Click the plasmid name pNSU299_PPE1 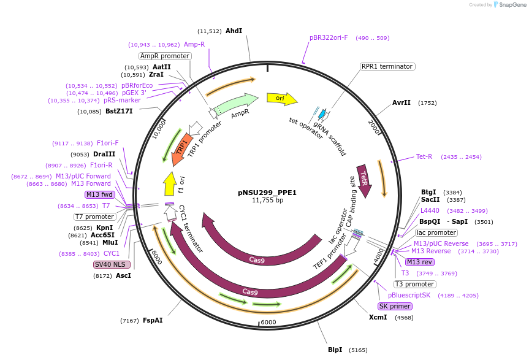pyautogui.click(x=267, y=192)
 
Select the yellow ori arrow pyautogui.click(x=281, y=98)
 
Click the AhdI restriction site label pyautogui.click(x=234, y=31)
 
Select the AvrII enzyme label pyautogui.click(x=402, y=103)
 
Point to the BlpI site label pyautogui.click(x=335, y=350)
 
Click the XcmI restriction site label pyautogui.click(x=378, y=318)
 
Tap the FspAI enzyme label pyautogui.click(x=153, y=320)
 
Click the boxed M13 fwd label pyautogui.click(x=99, y=194)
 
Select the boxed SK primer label pyautogui.click(x=395, y=306)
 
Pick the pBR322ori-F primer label pyautogui.click(x=329, y=38)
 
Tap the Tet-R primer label pyautogui.click(x=424, y=156)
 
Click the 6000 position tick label pyautogui.click(x=268, y=323)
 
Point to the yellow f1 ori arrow pyautogui.click(x=170, y=184)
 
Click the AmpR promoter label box pyautogui.click(x=165, y=56)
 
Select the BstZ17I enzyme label pyautogui.click(x=119, y=112)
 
